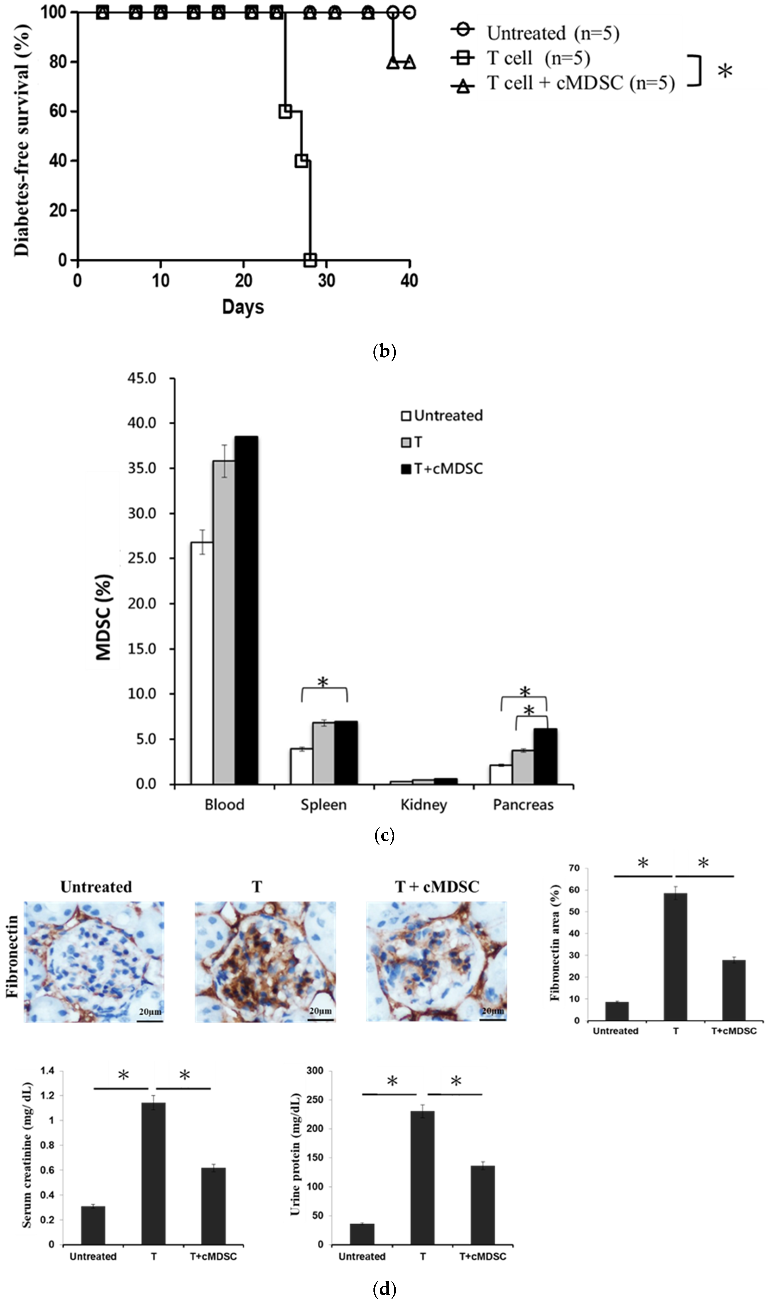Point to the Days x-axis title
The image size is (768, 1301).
[x=243, y=307]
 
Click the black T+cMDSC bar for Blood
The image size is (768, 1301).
[x=246, y=610]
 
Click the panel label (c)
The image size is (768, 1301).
[x=384, y=836]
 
